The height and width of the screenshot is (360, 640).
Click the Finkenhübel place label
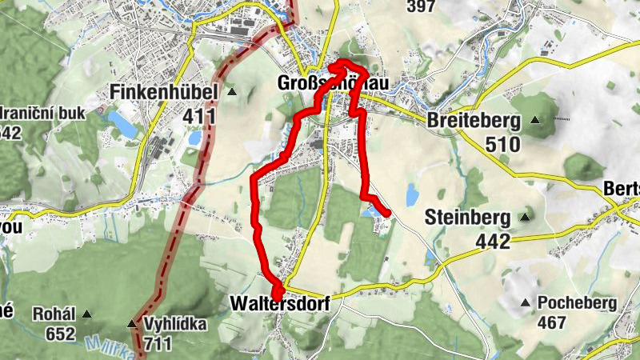click(165, 93)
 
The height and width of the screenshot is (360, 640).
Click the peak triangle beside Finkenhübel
click(232, 92)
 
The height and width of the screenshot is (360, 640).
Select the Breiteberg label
click(474, 121)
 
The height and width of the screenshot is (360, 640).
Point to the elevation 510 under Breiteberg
click(502, 145)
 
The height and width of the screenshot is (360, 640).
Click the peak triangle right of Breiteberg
click(535, 121)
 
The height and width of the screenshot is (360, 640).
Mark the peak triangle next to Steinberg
click(526, 216)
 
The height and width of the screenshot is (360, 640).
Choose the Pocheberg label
click(578, 303)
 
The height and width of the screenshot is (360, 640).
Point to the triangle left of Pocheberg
click(526, 303)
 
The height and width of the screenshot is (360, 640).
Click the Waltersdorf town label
click(280, 304)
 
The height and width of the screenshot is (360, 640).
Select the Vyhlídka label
click(175, 325)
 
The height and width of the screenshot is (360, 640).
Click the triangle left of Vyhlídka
click(131, 324)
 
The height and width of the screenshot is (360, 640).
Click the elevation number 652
click(61, 334)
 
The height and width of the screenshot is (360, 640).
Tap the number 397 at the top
click(421, 7)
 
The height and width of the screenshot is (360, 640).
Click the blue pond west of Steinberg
click(411, 194)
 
